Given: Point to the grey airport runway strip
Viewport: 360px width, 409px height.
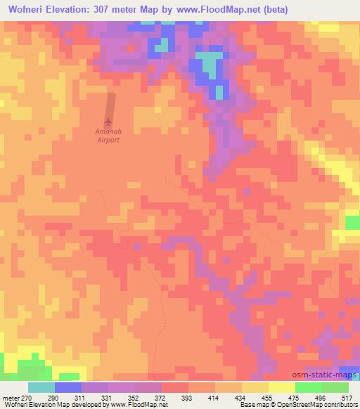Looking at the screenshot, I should point(110,105).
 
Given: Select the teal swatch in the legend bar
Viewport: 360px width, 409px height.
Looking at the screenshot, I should point(41,387).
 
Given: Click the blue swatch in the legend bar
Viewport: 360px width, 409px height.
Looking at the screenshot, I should point(68,387).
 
